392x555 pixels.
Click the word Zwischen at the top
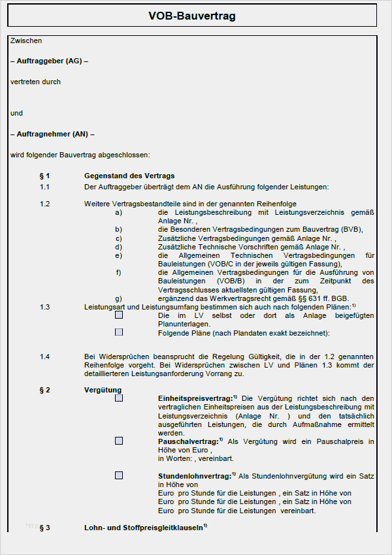(x=26, y=40)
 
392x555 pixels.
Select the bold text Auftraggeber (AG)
(x=49, y=61)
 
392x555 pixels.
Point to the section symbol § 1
(x=44, y=176)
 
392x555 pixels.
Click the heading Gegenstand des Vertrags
(x=129, y=176)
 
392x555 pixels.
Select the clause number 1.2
(x=44, y=204)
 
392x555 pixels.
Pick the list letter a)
(x=118, y=212)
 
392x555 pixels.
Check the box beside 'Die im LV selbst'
(x=119, y=315)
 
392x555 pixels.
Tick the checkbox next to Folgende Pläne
(x=119, y=332)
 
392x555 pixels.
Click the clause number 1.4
(x=44, y=357)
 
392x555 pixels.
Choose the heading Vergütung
(x=103, y=390)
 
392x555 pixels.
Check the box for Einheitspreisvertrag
(x=119, y=398)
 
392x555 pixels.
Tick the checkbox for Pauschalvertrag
(x=119, y=441)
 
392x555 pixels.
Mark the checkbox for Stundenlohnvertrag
(x=119, y=475)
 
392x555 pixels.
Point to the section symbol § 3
(x=44, y=527)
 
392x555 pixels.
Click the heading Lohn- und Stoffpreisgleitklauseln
(x=144, y=527)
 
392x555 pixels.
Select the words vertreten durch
(x=35, y=82)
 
